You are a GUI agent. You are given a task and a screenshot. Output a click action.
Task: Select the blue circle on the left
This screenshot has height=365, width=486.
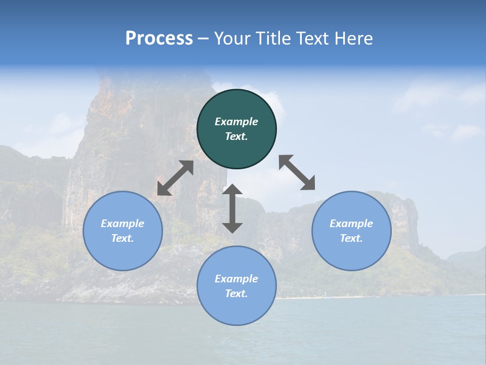[123, 231]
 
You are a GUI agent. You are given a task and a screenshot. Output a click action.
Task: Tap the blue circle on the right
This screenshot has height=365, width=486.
[351, 231]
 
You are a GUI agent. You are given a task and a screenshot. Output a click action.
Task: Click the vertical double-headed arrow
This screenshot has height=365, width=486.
[232, 208]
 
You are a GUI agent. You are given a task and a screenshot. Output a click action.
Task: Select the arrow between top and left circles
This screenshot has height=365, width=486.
[175, 178]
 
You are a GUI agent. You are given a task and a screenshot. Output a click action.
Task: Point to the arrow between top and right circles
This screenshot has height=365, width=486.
[297, 172]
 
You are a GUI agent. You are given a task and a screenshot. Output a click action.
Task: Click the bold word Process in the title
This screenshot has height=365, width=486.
[159, 39]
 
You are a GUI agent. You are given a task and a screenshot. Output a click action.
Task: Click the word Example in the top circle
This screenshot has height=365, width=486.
[236, 122]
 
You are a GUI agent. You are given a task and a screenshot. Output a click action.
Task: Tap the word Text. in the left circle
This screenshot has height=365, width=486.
[123, 238]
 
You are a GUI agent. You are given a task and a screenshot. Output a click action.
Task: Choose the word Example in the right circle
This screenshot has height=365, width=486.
[351, 224]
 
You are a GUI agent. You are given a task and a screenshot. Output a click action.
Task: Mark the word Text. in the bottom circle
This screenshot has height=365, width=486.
[236, 294]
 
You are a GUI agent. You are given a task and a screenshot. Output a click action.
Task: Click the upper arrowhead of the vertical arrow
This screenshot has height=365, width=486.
[232, 190]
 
